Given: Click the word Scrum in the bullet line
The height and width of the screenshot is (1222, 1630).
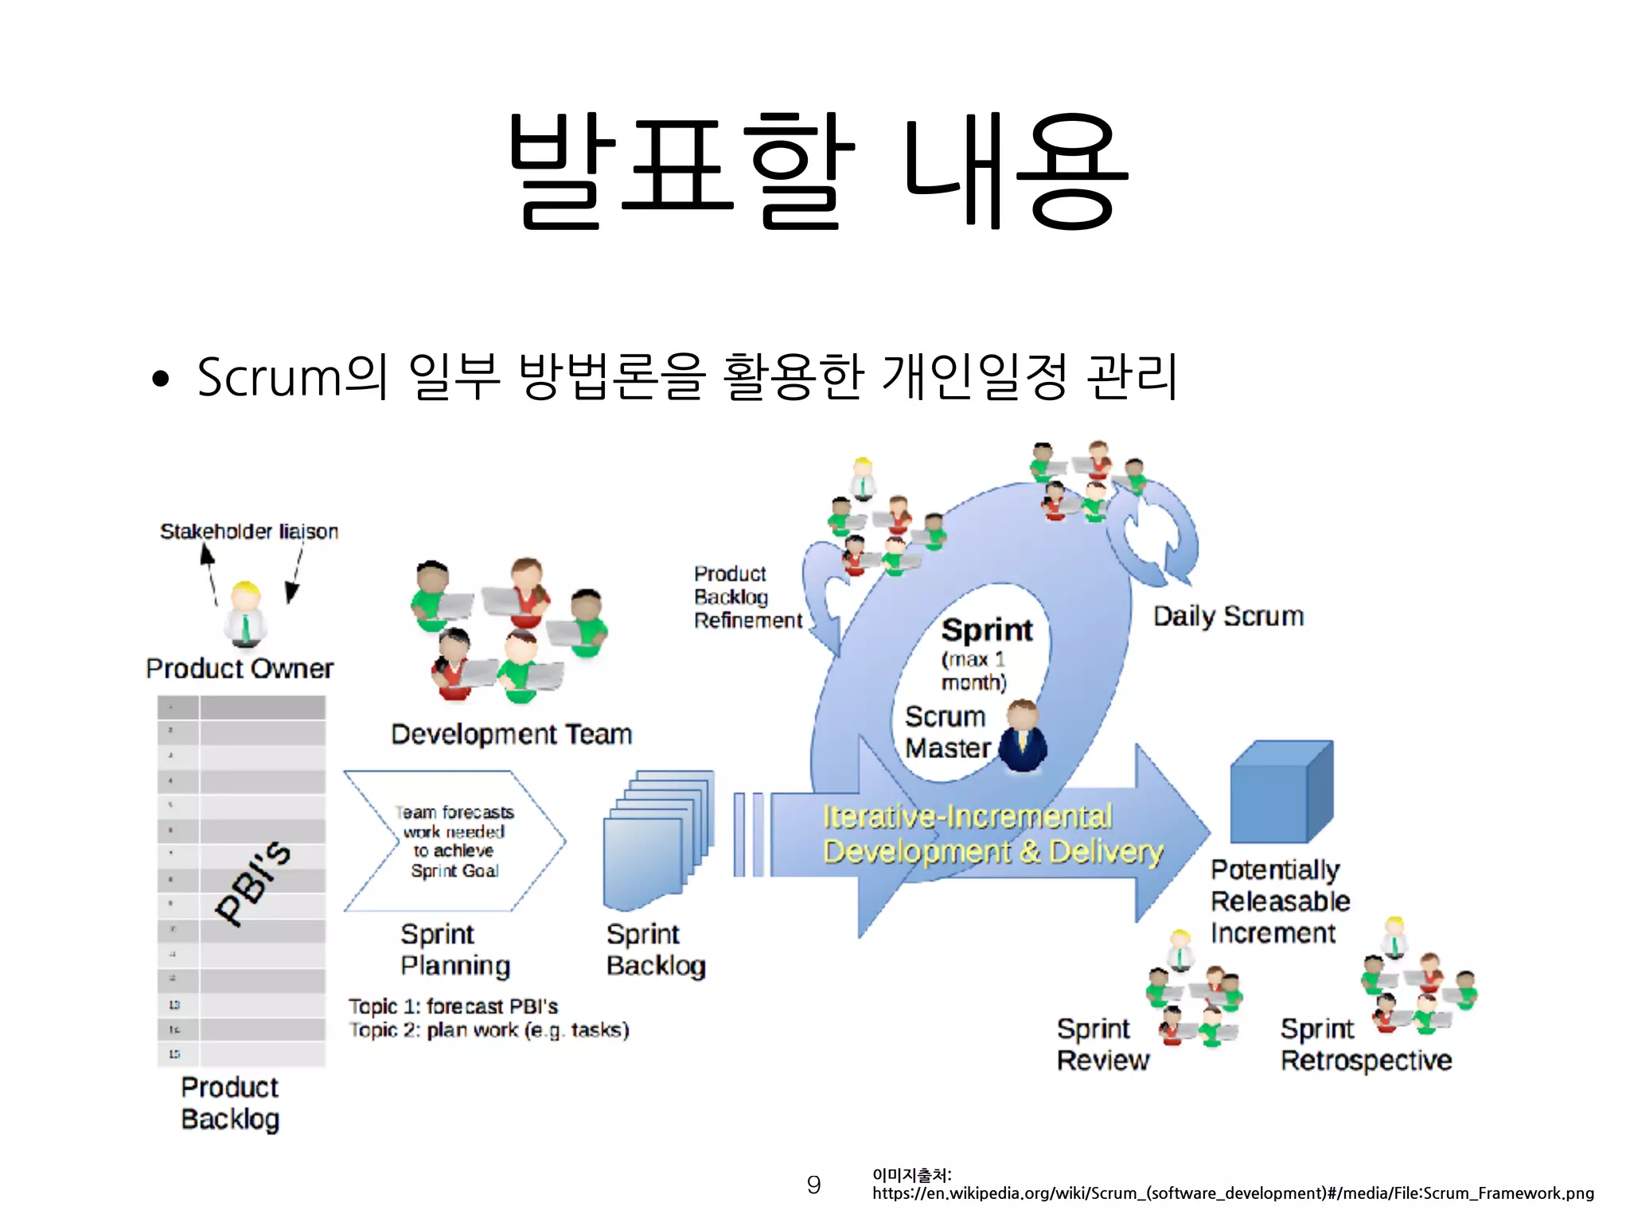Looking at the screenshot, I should click(268, 376).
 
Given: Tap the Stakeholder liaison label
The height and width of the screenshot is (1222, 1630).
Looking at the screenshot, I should click(249, 531).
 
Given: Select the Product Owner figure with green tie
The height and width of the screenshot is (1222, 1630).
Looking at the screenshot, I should click(245, 615).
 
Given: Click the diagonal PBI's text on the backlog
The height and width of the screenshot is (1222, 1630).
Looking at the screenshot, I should click(253, 883).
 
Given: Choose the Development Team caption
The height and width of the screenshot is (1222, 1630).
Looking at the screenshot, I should click(512, 734).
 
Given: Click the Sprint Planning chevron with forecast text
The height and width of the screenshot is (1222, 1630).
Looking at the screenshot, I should click(454, 841).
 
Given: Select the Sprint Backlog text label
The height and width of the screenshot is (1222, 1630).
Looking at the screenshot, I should click(656, 950).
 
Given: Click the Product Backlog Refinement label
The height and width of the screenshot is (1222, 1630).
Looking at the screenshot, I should click(747, 597).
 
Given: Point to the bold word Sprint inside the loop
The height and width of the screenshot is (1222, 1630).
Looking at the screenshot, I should click(987, 630).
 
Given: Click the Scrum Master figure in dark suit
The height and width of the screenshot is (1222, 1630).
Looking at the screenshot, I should click(1023, 737).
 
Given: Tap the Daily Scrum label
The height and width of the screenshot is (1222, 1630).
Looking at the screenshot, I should click(1228, 617).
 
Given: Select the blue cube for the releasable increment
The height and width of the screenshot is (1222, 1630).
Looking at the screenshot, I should click(1281, 792).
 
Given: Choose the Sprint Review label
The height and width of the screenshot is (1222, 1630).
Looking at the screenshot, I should click(1102, 1045).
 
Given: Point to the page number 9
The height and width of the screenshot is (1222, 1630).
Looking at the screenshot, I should click(813, 1185).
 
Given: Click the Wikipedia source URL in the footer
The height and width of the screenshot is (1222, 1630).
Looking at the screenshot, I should click(1233, 1193).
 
